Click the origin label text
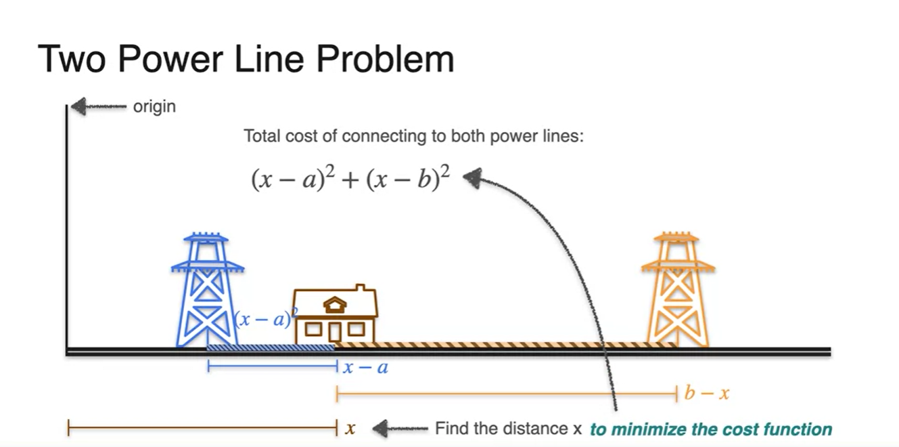click(x=155, y=107)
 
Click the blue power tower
click(x=206, y=291)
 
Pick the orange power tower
click(x=677, y=291)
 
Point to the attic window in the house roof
click(x=335, y=306)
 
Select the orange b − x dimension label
click(x=707, y=393)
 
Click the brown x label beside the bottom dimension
click(x=350, y=429)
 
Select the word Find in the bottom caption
click(x=449, y=429)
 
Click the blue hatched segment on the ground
click(x=271, y=347)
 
